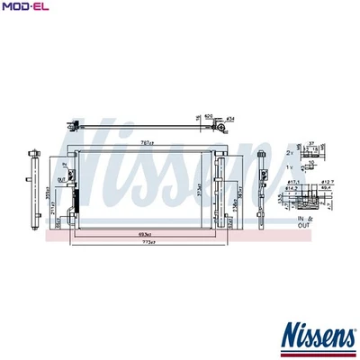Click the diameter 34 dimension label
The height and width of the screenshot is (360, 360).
tap(230, 117)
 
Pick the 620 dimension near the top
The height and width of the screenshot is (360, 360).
tap(209, 116)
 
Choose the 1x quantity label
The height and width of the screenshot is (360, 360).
tap(290, 168)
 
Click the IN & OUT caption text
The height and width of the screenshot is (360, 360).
tap(306, 220)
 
